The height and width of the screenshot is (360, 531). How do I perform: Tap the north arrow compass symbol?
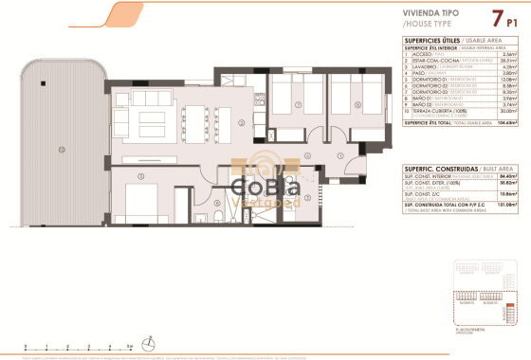pos(145,342)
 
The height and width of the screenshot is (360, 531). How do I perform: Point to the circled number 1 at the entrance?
pos(341,156)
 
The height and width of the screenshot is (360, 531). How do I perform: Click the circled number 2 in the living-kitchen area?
pos(242,123)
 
